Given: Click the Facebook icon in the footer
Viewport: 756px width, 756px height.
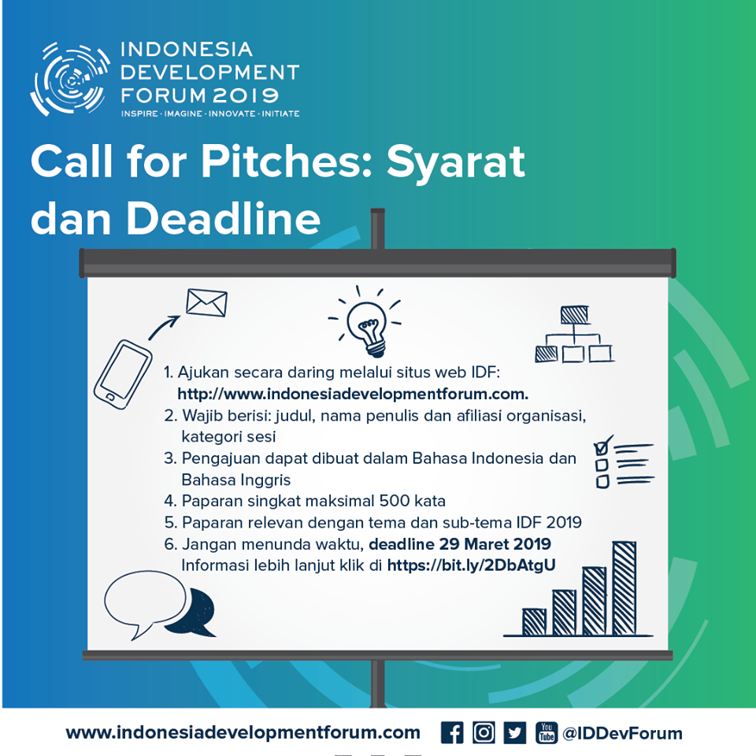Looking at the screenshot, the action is point(452,732).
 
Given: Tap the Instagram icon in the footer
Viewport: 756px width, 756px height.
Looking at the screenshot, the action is point(484,732).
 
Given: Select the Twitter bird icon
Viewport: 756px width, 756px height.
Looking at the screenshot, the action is point(515,732).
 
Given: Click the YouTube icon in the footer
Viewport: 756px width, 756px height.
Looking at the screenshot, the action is point(547,732).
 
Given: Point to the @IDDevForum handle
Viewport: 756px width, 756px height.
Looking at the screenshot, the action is point(622,733).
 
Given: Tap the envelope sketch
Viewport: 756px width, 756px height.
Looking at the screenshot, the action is point(206,302).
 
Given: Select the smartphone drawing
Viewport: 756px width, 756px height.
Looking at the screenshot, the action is point(123,374).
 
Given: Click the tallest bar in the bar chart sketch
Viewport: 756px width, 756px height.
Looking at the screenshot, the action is point(624,588).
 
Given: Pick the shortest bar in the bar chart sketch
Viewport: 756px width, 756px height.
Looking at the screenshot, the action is point(534,622).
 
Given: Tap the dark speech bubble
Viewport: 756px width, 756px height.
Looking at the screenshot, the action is point(193,613).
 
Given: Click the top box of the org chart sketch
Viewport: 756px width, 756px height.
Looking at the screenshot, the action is point(574,315).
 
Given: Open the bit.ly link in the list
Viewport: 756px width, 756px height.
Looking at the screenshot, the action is point(471,565).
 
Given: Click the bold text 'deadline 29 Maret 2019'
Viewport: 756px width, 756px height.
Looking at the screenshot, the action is point(459,544).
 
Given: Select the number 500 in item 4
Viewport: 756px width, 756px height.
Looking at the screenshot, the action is point(394,501).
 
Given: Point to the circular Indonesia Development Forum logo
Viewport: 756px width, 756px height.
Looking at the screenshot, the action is point(71,79).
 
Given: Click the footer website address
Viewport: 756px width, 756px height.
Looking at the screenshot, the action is point(243,733).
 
